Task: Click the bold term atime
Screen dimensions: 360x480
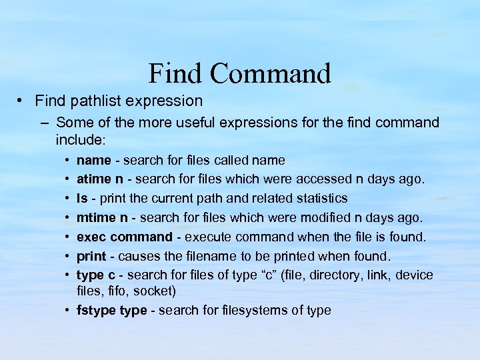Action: pyautogui.click(x=93, y=179)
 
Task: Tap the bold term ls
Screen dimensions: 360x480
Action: pyautogui.click(x=82, y=199)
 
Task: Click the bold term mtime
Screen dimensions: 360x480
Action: pyautogui.click(x=95, y=218)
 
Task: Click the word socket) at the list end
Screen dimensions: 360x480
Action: pyautogui.click(x=155, y=291)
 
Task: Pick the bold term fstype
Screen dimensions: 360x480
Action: pyautogui.click(x=95, y=311)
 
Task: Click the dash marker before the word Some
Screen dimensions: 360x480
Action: pyautogui.click(x=44, y=123)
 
